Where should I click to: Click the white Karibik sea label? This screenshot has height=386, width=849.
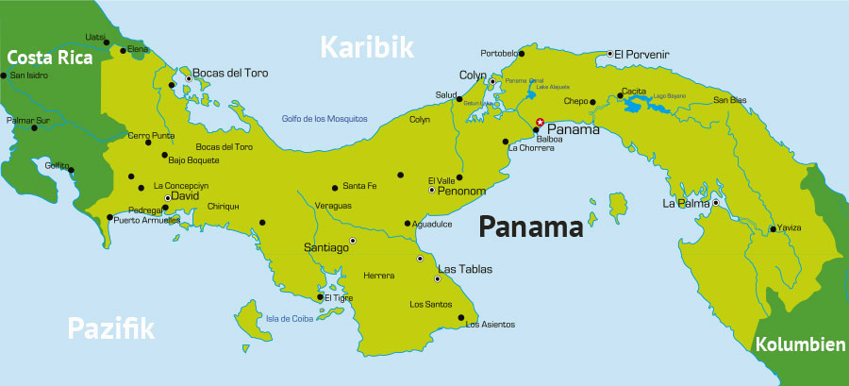(367, 47)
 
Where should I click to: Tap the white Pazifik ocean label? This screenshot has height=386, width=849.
(110, 328)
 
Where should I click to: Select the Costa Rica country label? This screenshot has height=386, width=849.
(49, 58)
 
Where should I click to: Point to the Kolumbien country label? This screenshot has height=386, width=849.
(800, 345)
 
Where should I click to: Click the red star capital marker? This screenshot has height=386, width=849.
(540, 122)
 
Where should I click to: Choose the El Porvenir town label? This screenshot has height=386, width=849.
(641, 54)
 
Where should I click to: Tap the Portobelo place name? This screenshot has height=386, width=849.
(500, 53)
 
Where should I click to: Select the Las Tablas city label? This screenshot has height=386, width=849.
(465, 267)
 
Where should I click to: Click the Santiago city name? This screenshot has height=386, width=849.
(325, 246)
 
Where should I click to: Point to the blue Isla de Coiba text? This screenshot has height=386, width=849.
(287, 317)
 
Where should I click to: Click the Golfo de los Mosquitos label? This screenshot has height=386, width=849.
(324, 118)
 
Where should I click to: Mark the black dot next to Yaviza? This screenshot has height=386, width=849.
(773, 228)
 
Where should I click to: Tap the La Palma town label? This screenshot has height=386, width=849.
(684, 203)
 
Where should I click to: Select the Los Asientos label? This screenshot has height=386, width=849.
(491, 325)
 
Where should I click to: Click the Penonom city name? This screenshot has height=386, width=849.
(461, 191)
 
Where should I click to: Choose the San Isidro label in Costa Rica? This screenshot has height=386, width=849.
(30, 74)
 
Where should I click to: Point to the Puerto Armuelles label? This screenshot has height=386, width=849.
(146, 220)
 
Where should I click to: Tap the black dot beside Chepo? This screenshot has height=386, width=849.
(592, 101)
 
